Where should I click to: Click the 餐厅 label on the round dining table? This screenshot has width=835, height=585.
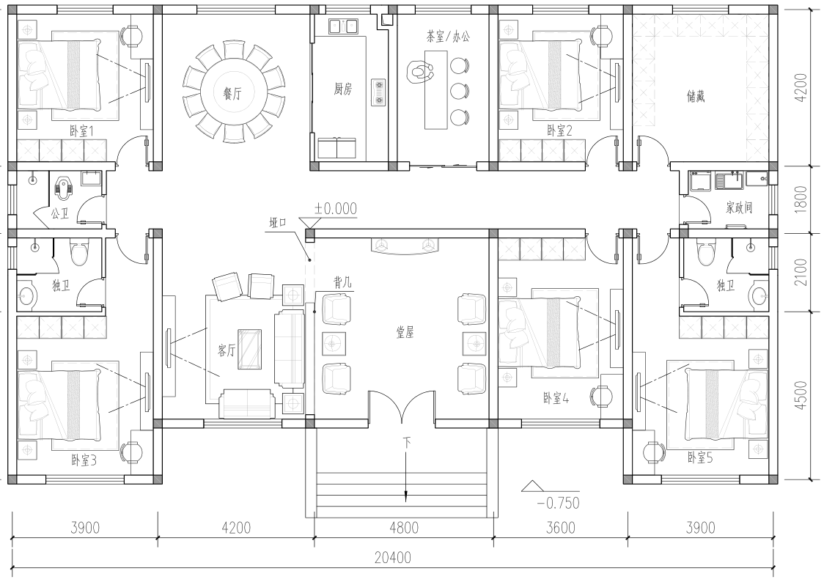pyautogui.click(x=232, y=94)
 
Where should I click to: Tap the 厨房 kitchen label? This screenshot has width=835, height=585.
pyautogui.click(x=343, y=89)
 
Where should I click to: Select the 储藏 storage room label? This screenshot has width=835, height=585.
pyautogui.click(x=696, y=96)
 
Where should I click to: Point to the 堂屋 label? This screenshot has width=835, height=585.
pyautogui.click(x=405, y=333)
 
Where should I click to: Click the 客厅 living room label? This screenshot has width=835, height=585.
pyautogui.click(x=227, y=350)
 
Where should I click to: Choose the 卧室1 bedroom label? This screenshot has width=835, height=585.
pyautogui.click(x=81, y=130)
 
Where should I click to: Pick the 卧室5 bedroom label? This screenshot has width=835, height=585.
pyautogui.click(x=699, y=457)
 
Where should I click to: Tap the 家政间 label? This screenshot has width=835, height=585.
pyautogui.click(x=739, y=207)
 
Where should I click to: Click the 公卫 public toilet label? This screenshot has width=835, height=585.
pyautogui.click(x=60, y=213)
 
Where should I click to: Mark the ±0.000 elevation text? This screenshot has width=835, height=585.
pyautogui.click(x=335, y=208)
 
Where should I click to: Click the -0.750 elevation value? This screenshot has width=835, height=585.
pyautogui.click(x=558, y=502)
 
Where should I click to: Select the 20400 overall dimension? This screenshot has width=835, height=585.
pyautogui.click(x=392, y=557)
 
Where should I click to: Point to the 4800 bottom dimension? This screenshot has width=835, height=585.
pyautogui.click(x=404, y=528)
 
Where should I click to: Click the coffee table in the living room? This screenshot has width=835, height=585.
pyautogui.click(x=249, y=349)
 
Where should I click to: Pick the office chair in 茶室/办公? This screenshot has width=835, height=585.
pyautogui.click(x=421, y=71)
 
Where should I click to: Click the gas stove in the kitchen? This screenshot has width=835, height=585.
pyautogui.click(x=379, y=91)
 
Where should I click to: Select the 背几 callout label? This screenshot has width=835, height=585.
pyautogui.click(x=342, y=282)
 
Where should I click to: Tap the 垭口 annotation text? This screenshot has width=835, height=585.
pyautogui.click(x=278, y=223)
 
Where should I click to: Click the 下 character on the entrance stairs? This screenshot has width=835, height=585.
pyautogui.click(x=407, y=442)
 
